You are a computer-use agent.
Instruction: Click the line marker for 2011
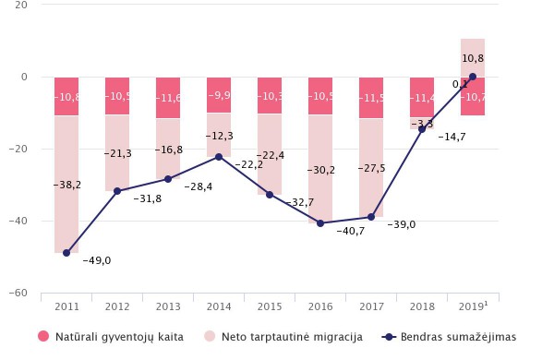[66, 253]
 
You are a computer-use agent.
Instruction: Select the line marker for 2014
[219, 157]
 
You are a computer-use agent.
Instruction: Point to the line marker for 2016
[320, 223]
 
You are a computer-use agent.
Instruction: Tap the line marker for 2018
[422, 129]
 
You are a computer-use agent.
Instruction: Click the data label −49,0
[96, 261]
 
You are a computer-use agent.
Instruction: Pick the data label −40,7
[350, 232]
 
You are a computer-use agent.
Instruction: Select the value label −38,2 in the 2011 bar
[66, 186]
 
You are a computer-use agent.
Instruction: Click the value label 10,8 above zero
[473, 58]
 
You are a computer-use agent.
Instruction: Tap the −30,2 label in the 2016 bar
[320, 170]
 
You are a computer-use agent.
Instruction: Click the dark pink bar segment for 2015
[270, 96]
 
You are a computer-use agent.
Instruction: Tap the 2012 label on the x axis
[117, 306]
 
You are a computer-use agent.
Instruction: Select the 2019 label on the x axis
[472, 306]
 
